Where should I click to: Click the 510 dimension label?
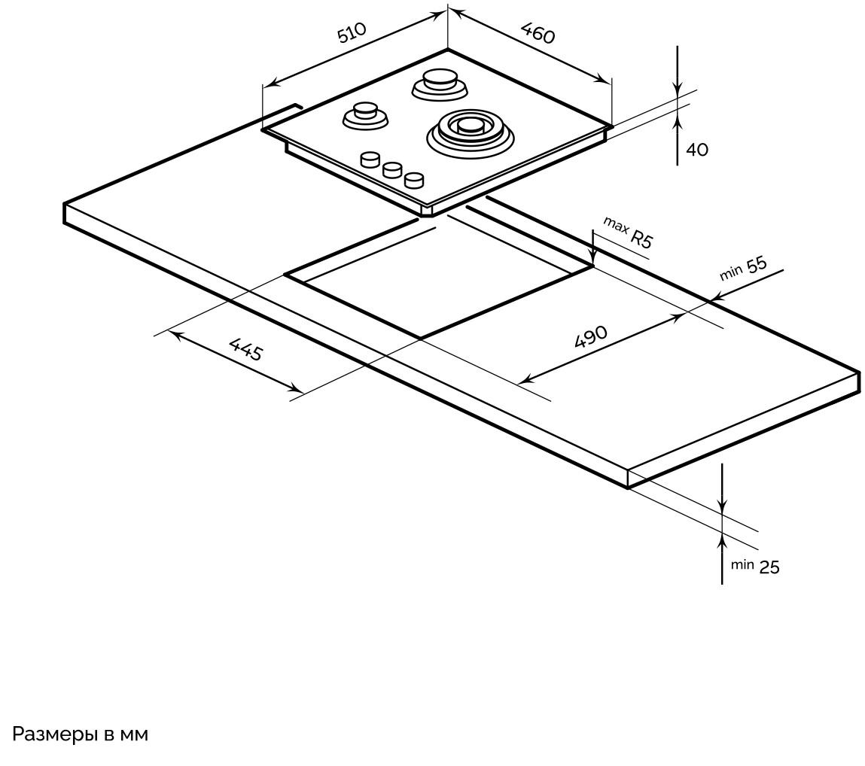tap(352, 34)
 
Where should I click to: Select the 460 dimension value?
tap(538, 33)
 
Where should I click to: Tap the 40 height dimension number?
tap(697, 150)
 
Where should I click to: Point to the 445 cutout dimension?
tap(245, 349)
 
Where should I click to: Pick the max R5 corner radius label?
tap(627, 233)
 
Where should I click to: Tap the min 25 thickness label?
tap(756, 567)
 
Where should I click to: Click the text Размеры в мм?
tap(79, 734)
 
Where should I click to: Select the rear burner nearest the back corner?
tap(440, 84)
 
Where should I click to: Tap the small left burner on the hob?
tap(365, 115)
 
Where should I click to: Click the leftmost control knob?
tap(370, 159)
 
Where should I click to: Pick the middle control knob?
tap(391, 169)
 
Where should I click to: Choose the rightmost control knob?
tap(413, 180)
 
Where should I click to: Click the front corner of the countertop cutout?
tap(419, 339)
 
